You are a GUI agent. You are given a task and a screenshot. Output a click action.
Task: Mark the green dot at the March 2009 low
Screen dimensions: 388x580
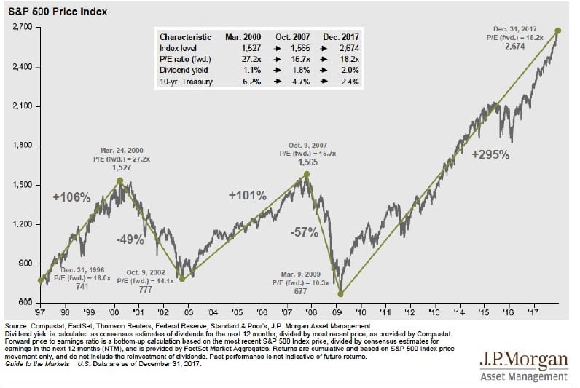340,294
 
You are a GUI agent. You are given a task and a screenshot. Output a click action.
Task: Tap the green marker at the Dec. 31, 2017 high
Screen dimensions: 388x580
558,31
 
